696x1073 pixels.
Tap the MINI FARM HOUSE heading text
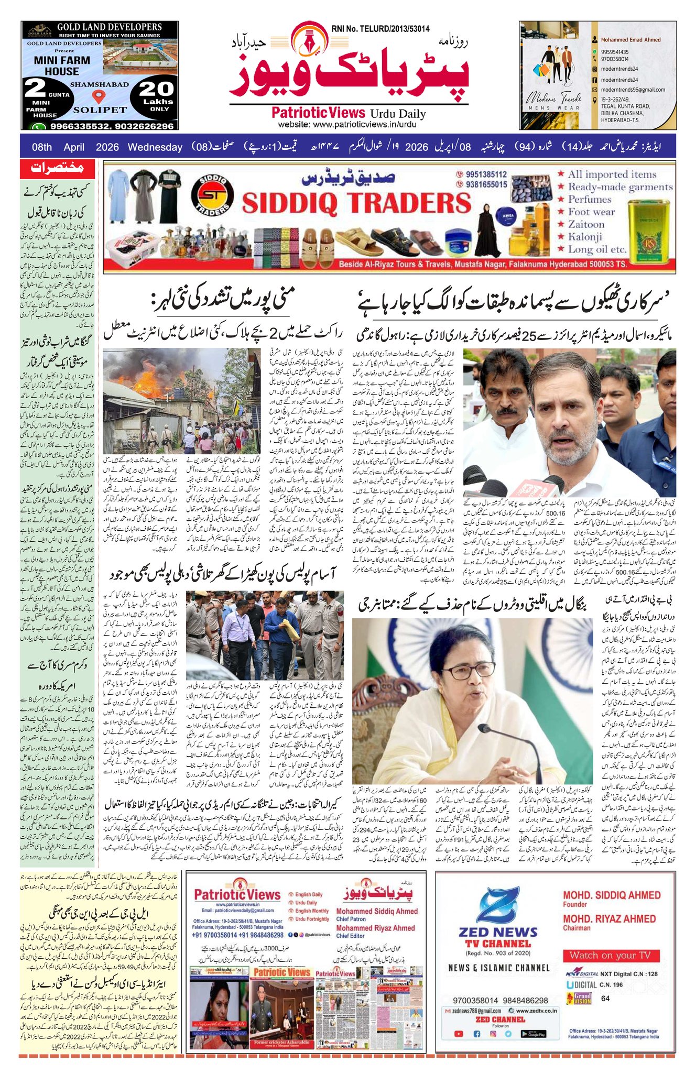62,65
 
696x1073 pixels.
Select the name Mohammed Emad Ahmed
630,40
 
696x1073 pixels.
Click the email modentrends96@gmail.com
633,90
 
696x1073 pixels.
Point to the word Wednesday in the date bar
155,147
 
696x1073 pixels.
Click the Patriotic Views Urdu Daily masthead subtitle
348,113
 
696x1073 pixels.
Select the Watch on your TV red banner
610,955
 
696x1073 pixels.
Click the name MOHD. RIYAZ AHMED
609,919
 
